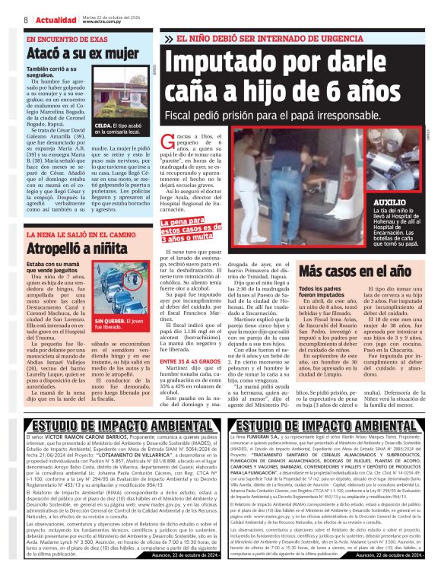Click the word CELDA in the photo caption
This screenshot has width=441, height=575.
pyautogui.click(x=103, y=124)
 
